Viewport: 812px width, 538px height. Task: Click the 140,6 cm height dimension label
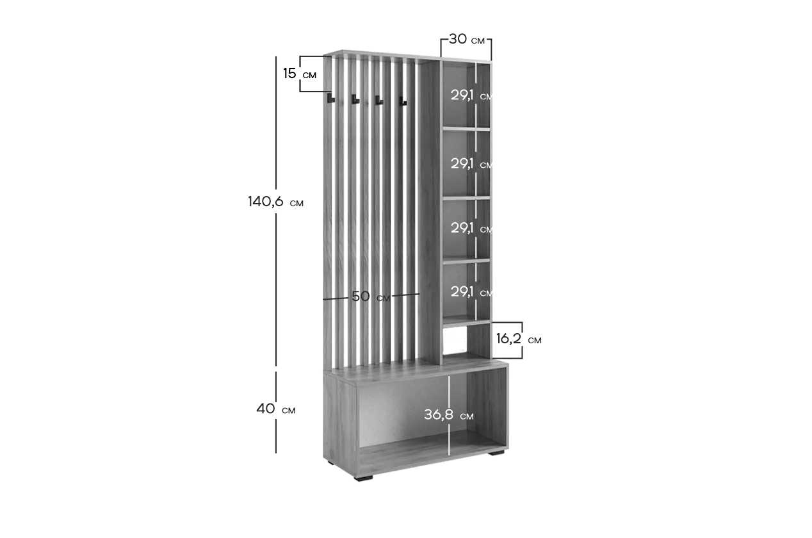click(x=275, y=202)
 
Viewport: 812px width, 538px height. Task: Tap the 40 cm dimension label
click(x=276, y=409)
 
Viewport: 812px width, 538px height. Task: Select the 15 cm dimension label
click(x=300, y=74)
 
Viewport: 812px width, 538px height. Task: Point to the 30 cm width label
click(x=467, y=39)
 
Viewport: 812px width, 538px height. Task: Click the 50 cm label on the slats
click(x=371, y=297)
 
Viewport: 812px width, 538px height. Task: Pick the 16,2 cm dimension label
click(x=519, y=339)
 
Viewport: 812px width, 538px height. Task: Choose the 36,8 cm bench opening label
click(x=449, y=415)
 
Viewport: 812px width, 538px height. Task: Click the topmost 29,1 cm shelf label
click(x=471, y=95)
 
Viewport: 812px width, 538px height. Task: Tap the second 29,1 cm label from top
click(x=471, y=164)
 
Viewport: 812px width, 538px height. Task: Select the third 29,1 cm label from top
click(x=471, y=228)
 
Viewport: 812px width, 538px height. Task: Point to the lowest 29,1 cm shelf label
click(x=471, y=292)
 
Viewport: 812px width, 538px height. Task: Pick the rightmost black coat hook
click(x=403, y=101)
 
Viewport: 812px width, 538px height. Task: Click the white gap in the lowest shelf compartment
click(x=455, y=340)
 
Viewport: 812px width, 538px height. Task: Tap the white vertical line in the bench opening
click(x=449, y=415)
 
